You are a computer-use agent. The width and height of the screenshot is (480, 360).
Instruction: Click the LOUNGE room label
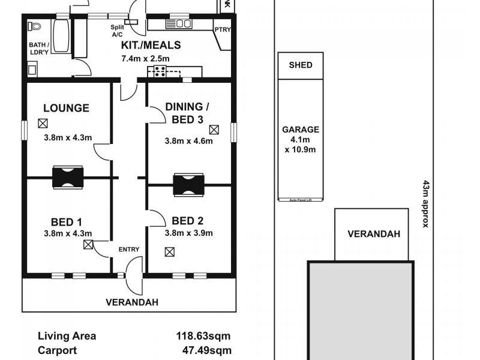66,108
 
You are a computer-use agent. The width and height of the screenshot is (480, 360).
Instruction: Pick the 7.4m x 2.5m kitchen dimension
146,58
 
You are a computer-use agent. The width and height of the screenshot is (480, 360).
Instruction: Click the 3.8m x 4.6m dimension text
189,141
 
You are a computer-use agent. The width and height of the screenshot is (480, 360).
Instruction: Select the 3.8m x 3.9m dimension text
189,233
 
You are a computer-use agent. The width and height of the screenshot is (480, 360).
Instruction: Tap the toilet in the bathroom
34,26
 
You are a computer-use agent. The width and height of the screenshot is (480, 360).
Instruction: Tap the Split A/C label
117,31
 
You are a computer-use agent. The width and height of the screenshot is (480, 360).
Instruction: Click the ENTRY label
128,250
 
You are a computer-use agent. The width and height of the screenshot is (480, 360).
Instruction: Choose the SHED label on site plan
301,65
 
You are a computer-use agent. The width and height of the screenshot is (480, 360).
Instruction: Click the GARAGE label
301,129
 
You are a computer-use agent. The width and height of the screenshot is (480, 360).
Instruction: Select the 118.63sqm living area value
203,336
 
